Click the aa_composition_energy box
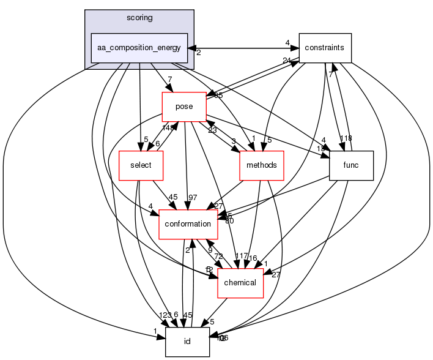139,48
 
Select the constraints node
325,48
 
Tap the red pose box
183,107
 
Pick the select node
140,165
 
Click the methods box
262,165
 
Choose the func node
352,165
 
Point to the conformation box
189,224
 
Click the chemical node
241,282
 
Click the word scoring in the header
139,18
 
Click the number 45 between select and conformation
172,197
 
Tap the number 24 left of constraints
286,60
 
